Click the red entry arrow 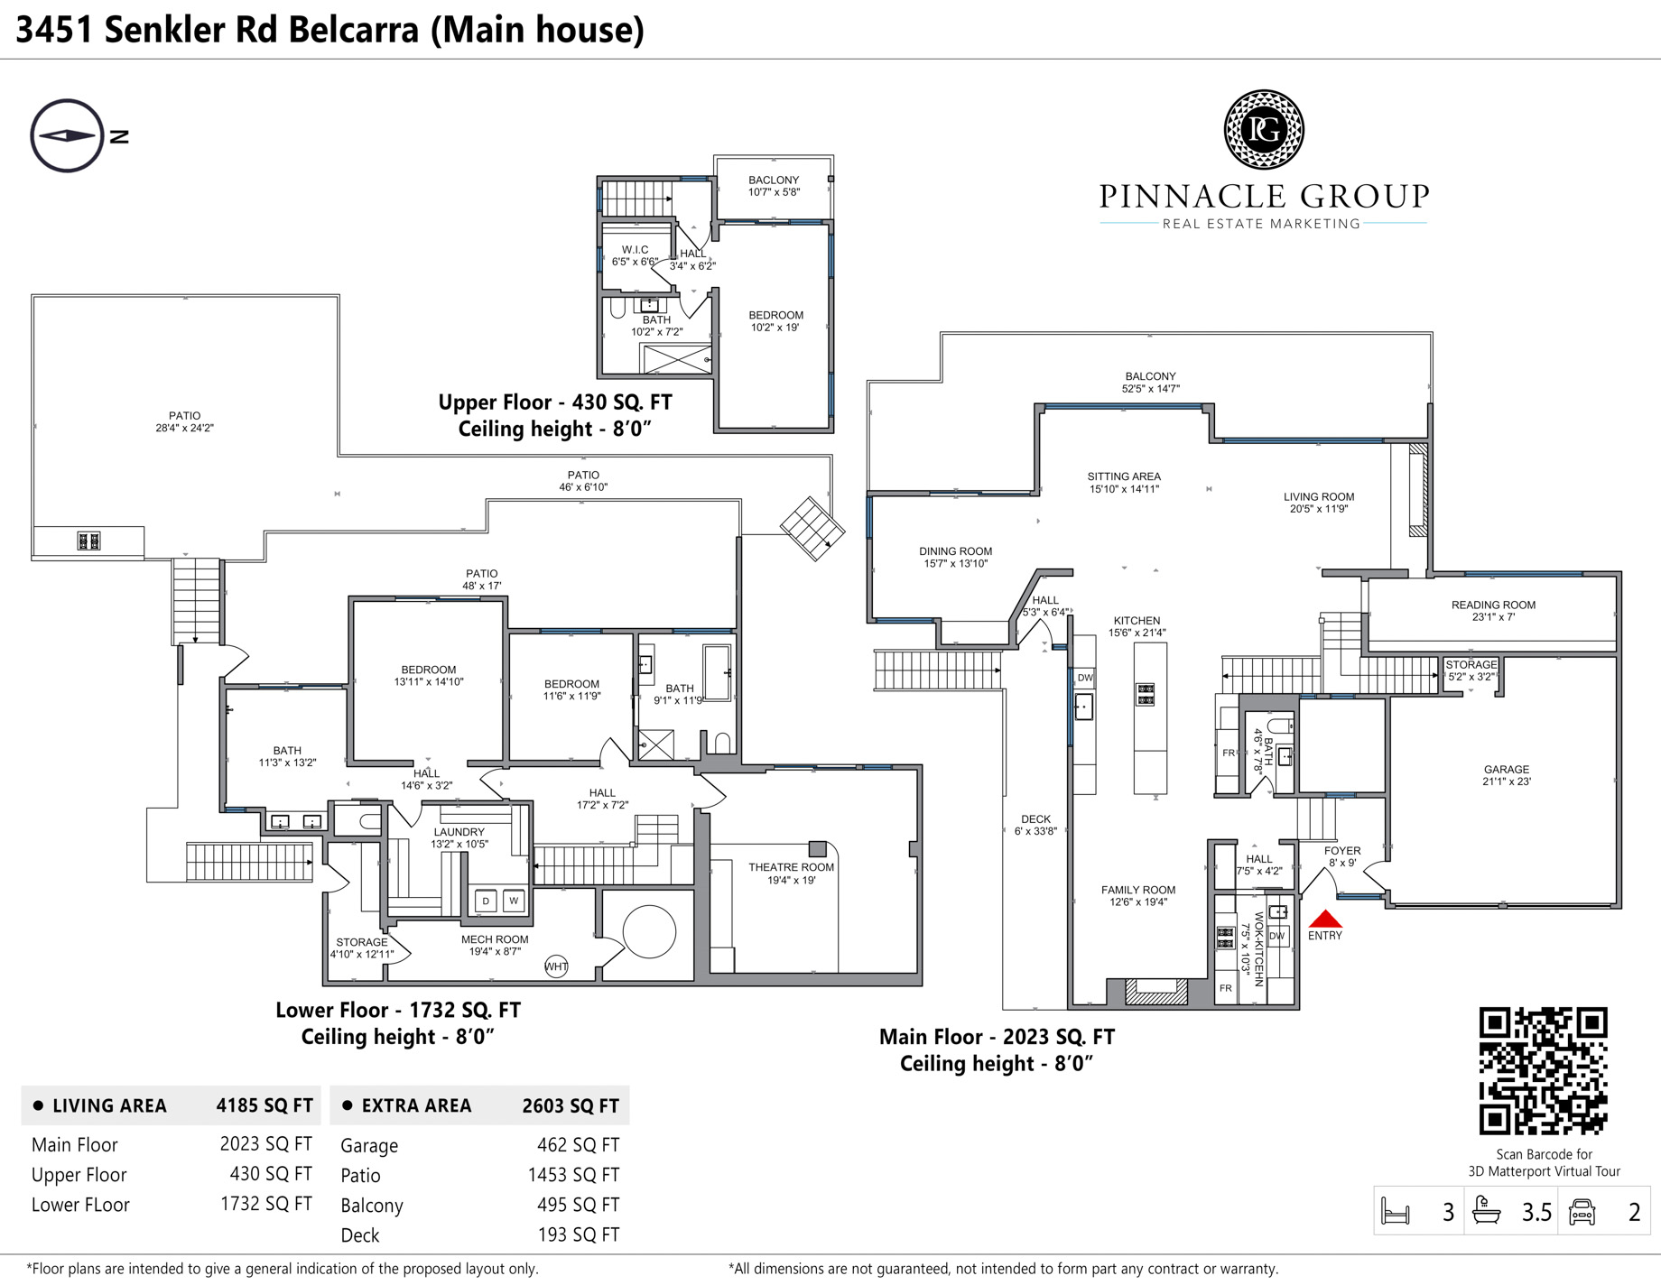coord(1325,919)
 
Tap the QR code coord(1544,1071)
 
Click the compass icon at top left coord(67,135)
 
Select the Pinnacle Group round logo coord(1264,130)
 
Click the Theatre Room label coord(791,874)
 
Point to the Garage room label coord(1507,775)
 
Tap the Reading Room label coord(1493,611)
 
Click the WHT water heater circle coord(556,966)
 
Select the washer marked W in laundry coord(514,900)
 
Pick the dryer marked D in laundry coord(486,900)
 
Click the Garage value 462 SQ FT coord(578,1145)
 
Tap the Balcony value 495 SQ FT coord(578,1205)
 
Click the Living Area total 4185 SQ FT coord(264,1105)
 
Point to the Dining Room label coord(955,557)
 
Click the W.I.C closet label coord(635,255)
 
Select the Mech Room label coord(495,945)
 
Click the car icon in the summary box coord(1582,1211)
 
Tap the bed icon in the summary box coord(1396,1211)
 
